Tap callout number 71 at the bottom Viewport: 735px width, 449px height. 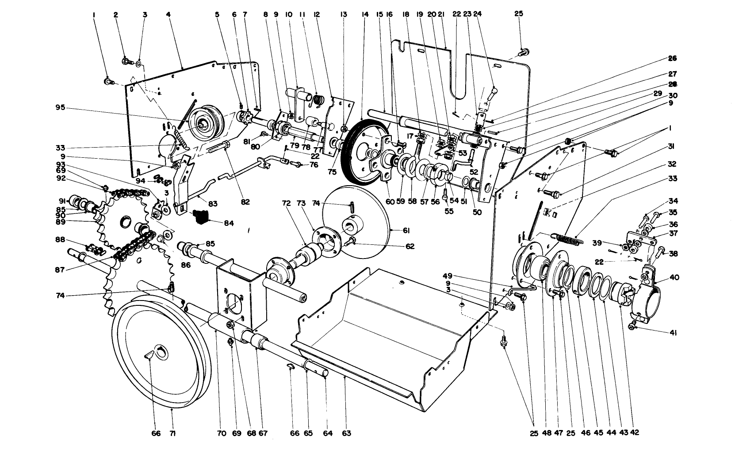[x=172, y=433]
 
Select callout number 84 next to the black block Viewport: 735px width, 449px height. [x=229, y=223]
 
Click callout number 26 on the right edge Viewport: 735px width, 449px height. [x=672, y=58]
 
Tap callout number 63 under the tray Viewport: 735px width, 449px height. [x=346, y=433]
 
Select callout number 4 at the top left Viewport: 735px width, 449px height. [x=168, y=14]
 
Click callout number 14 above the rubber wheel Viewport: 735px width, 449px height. [x=365, y=14]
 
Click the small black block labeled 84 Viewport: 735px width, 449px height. [x=201, y=217]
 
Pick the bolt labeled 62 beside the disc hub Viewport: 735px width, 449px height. [x=352, y=240]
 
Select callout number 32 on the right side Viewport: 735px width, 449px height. [x=672, y=164]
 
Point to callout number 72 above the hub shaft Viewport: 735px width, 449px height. [x=286, y=203]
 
